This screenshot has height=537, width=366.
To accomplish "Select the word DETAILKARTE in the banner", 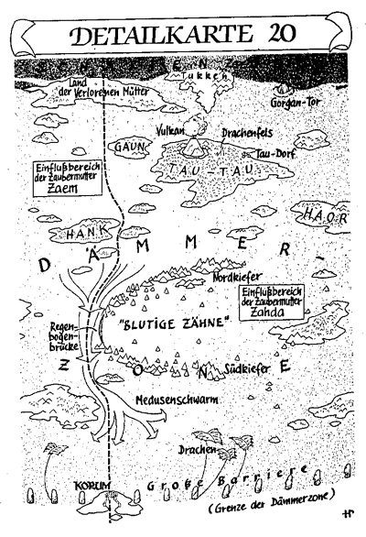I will click(159, 34).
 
